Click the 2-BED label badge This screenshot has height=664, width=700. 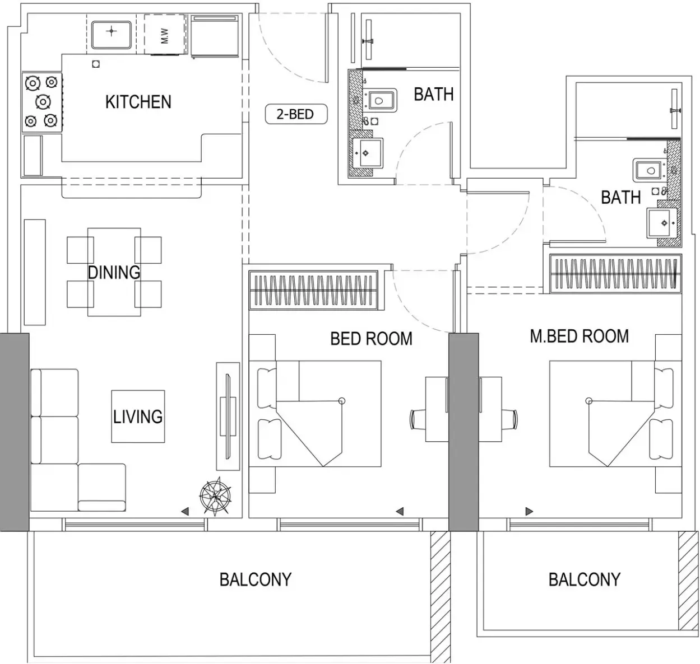pos(296,114)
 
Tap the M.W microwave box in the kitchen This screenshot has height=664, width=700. pos(165,35)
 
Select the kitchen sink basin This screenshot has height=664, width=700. pos(112,35)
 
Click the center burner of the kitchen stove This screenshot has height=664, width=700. pos(43,102)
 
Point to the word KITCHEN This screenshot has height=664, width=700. pos(138,102)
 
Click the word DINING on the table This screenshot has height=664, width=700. pos(114,273)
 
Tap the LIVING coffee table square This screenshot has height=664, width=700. pos(138,417)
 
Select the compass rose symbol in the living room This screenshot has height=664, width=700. pos(215,496)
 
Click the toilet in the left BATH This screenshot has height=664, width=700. pos(381,101)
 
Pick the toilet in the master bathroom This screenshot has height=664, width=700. pos(649,171)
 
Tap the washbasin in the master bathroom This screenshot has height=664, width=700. pos(662,223)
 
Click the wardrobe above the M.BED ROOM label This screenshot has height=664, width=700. pos(615,273)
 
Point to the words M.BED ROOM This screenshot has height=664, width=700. pos(580,336)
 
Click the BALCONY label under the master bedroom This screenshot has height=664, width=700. pos(585,579)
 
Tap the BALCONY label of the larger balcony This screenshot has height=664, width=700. pos(256,579)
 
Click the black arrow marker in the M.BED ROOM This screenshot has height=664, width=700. pos(529,511)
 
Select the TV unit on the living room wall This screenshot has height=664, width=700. pos(228,417)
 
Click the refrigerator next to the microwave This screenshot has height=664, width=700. pos(214,36)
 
